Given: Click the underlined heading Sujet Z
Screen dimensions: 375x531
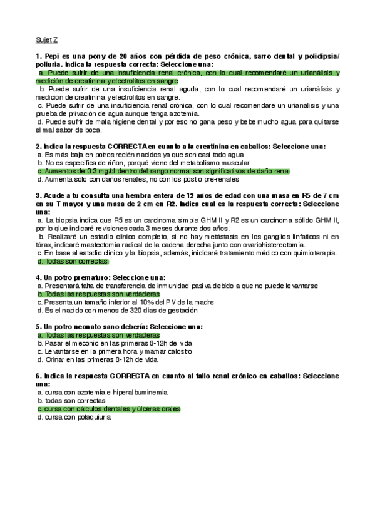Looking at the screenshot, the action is click(46, 39).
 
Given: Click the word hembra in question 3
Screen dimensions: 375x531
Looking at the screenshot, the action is click(128, 195).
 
